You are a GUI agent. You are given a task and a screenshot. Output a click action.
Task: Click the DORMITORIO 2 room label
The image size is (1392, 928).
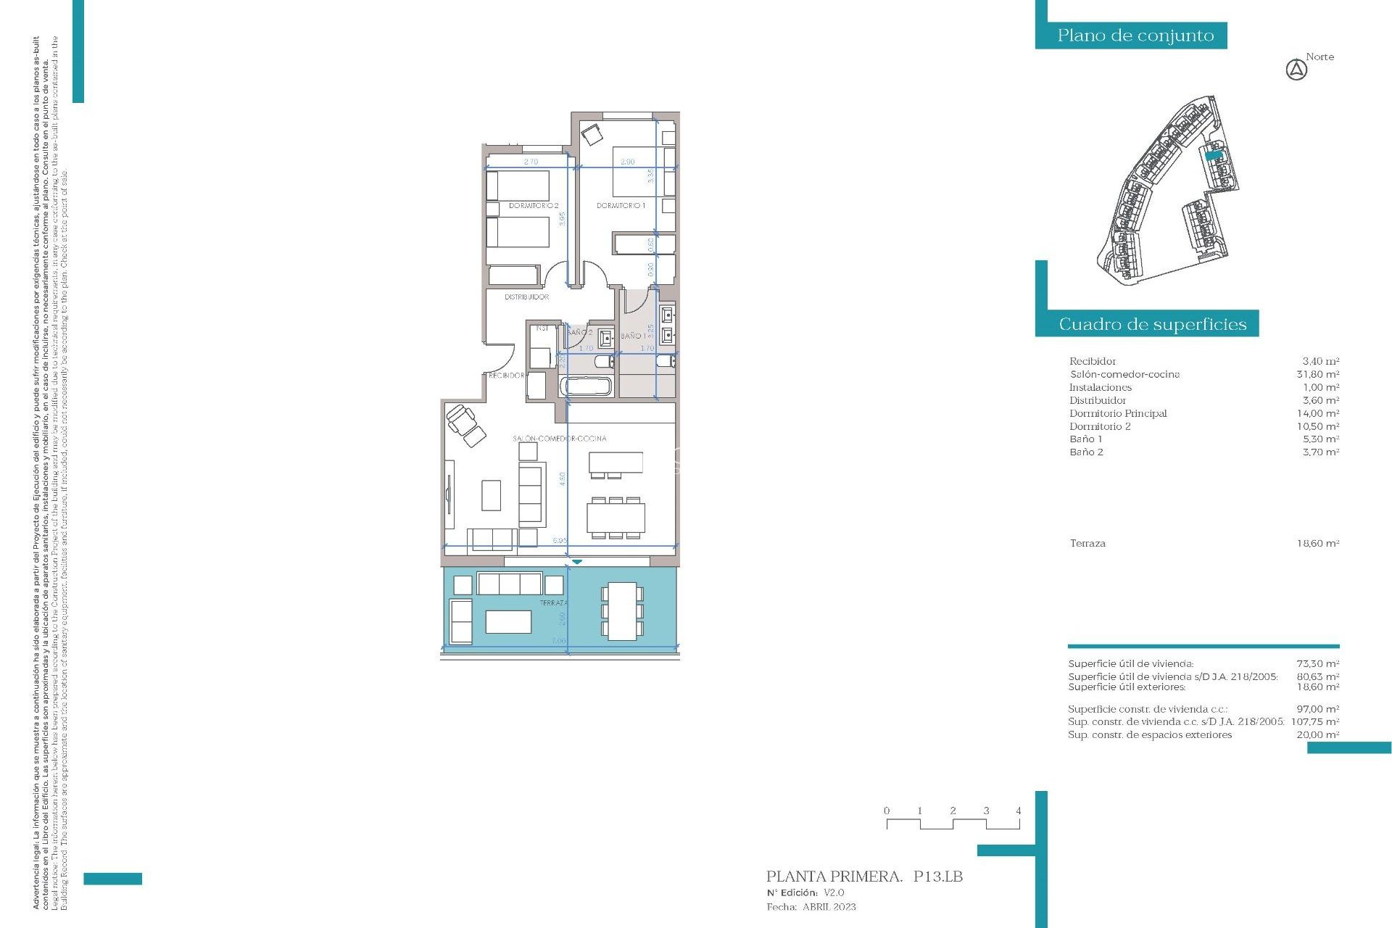[533, 206]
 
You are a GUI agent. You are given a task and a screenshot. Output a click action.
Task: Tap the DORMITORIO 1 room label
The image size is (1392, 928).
[621, 206]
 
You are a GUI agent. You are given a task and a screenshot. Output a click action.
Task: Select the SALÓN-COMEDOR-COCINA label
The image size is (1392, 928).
[559, 439]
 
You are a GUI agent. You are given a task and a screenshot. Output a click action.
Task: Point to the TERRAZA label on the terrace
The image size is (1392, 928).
[553, 603]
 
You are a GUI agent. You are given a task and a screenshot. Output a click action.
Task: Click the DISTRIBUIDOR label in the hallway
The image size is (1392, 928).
[526, 297]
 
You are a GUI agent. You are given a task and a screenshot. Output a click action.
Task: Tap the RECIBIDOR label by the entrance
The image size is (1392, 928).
[506, 376]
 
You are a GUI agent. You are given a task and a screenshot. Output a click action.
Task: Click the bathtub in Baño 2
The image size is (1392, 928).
[587, 386]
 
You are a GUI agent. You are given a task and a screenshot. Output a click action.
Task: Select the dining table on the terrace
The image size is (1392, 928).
[621, 611]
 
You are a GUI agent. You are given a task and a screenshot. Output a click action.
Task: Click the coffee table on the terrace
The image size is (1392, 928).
[508, 621]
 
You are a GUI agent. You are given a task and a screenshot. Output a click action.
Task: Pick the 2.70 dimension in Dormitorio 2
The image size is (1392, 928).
[531, 162]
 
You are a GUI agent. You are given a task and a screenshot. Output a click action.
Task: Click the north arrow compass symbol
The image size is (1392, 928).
[1296, 70]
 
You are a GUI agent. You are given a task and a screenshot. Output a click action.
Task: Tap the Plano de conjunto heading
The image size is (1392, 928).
[1135, 36]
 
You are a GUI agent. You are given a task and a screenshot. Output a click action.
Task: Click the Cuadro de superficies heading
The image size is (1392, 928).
[1152, 324]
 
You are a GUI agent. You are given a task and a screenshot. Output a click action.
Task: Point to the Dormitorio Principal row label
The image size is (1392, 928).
[1117, 413]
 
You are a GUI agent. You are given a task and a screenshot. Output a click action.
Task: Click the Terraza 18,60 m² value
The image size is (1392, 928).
[1317, 543]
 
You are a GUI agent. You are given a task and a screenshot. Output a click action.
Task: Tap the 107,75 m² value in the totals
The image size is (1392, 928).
[1314, 721]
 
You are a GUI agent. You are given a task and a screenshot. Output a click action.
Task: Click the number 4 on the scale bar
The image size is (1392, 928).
[1018, 811]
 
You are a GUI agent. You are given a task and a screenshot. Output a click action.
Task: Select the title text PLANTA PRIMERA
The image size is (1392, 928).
[834, 877]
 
